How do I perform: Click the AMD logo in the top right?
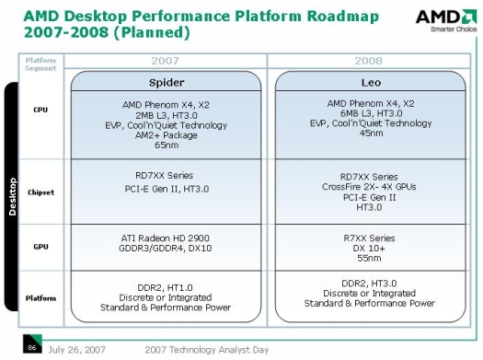coord(445,21)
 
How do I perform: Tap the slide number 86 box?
coord(31,348)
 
